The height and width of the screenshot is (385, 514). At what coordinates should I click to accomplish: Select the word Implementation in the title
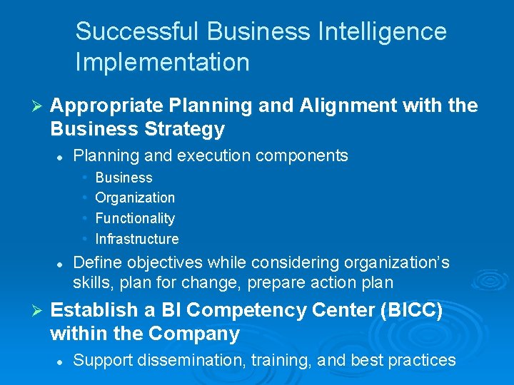pyautogui.click(x=162, y=62)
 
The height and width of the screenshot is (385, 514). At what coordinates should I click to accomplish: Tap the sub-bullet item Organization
pyautogui.click(x=135, y=197)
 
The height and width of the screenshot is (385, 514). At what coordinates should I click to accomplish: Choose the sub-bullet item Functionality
pyautogui.click(x=135, y=218)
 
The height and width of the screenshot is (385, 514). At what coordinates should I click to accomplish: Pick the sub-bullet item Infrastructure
pyautogui.click(x=137, y=239)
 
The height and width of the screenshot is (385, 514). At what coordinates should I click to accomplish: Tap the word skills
pyautogui.click(x=94, y=282)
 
